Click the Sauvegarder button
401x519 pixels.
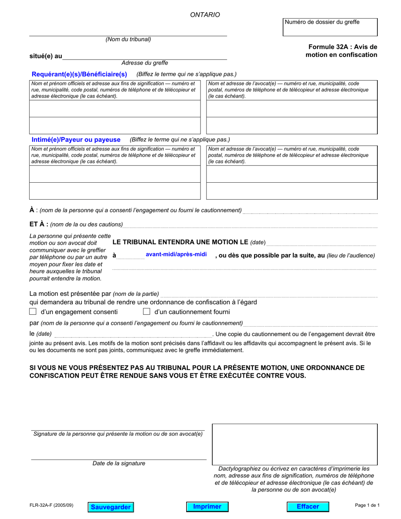[110, 507]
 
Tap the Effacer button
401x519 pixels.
[308, 506]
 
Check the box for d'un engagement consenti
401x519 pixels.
[33, 312]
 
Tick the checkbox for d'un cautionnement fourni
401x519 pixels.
[146, 312]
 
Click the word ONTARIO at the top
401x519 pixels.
[205, 15]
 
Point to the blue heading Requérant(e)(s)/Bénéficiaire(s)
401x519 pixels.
[79, 74]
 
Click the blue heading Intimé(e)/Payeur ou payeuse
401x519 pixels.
[76, 140]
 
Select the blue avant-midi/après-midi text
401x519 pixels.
[176, 254]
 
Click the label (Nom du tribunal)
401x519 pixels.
[128, 40]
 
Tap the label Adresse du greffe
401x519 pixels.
[144, 63]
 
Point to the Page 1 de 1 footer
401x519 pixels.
[367, 505]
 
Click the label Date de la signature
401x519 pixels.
[119, 463]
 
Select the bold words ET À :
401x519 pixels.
[39, 224]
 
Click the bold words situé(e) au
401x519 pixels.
[46, 56]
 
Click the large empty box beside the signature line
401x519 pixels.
[294, 444]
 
